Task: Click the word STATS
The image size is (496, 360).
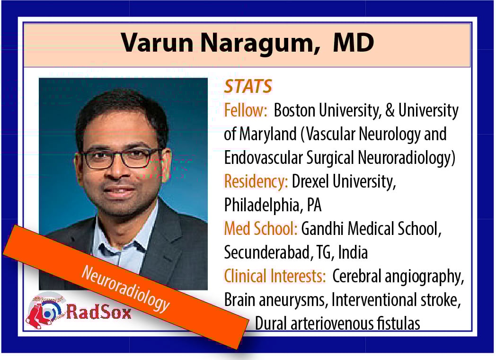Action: (x=248, y=86)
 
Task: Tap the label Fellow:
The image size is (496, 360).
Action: (x=246, y=110)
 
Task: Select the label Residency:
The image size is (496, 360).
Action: (x=256, y=181)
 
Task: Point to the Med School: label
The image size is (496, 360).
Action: (x=261, y=229)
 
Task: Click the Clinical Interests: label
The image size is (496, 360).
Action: (x=275, y=276)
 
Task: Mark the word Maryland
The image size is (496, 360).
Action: (x=267, y=134)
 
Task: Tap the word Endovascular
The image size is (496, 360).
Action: (x=263, y=158)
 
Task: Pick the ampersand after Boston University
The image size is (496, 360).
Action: (x=390, y=110)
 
